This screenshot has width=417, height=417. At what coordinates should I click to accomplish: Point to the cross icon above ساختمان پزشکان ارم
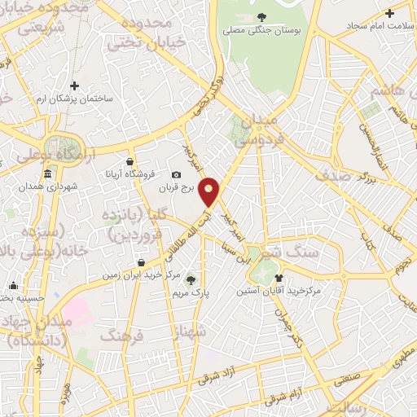pos(74,86)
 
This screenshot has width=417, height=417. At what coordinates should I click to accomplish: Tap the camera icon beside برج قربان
pos(176,174)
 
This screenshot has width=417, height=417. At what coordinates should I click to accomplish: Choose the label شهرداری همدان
pos(50,187)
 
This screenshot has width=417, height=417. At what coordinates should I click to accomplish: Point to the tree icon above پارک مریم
pos(191,279)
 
